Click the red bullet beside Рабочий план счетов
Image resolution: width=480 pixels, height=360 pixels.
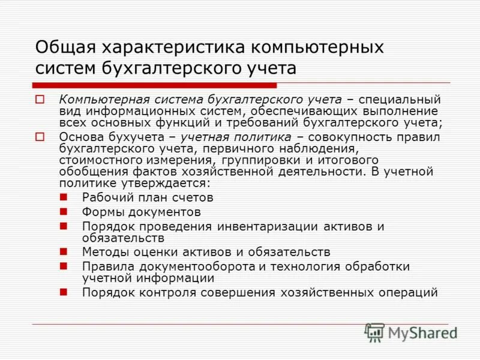click(64, 196)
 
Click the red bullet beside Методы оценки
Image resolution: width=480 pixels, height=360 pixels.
click(64, 251)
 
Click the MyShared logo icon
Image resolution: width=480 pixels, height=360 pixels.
click(375, 332)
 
